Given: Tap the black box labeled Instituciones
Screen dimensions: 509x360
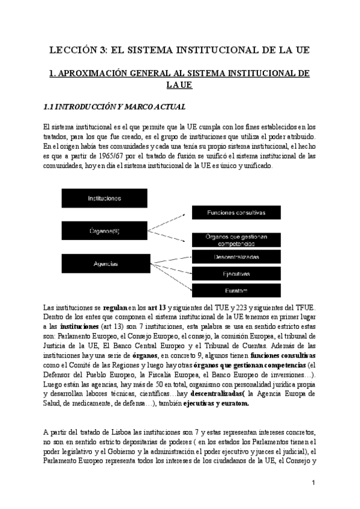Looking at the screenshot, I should tap(104, 197).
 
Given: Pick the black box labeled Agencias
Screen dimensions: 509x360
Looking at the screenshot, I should tap(104, 264).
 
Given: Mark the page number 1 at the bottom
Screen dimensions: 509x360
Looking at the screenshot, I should tap(314, 483).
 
